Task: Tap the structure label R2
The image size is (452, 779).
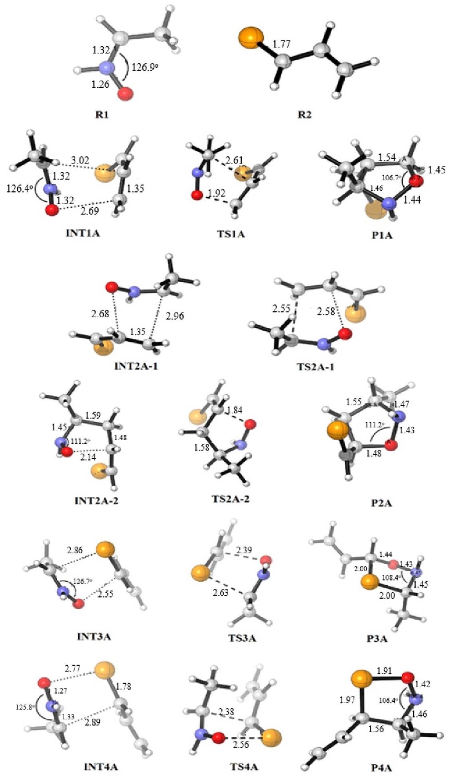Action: (305, 116)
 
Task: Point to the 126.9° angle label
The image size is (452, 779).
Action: (145, 67)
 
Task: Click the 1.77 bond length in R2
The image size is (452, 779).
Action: (281, 44)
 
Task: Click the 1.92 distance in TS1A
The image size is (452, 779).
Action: (217, 193)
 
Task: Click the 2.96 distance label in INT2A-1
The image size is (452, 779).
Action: (174, 316)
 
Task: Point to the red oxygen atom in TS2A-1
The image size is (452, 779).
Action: (345, 334)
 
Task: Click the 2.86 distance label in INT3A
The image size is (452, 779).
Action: (75, 551)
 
